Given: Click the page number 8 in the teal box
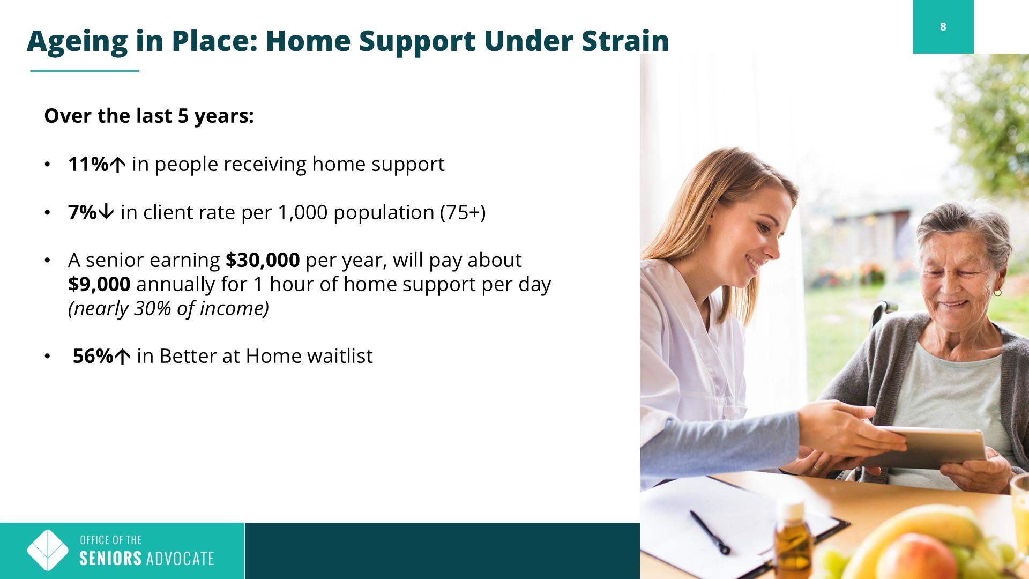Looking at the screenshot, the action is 943,27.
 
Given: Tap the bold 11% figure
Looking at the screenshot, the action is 88,164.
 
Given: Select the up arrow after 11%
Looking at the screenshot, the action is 117,165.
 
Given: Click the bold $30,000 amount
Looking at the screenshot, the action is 263,260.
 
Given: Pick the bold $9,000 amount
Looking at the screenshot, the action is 99,284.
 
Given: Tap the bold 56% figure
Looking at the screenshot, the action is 93,356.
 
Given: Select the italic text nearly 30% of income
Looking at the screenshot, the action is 168,309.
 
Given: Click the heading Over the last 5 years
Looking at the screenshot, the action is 149,116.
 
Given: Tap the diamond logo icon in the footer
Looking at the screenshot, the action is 48,551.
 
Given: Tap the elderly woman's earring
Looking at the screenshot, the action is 997,293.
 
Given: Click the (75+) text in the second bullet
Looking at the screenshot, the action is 463,213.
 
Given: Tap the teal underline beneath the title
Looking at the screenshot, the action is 85,71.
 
